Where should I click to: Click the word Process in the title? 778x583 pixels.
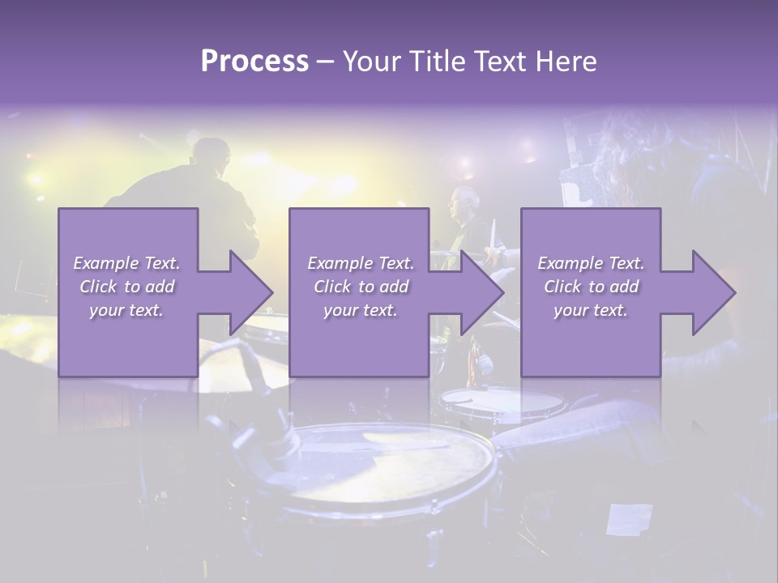(254, 61)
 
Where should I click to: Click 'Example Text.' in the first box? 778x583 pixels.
(126, 263)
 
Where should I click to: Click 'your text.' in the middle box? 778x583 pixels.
(360, 310)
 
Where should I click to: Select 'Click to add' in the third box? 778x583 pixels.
(591, 287)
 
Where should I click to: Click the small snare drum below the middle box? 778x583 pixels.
(502, 400)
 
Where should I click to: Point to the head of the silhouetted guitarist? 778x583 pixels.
(212, 154)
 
